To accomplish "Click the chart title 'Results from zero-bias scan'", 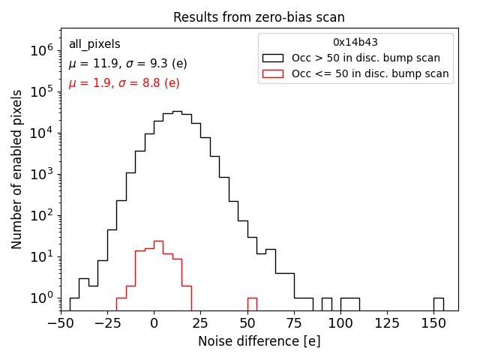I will point(259,17).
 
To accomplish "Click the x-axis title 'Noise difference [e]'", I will point(259,341).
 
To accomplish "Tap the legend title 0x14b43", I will point(355,43).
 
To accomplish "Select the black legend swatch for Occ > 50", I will point(272,58).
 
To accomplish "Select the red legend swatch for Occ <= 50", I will point(272,73).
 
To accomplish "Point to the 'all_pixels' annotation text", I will point(94,44).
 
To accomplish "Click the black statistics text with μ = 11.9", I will point(127,64).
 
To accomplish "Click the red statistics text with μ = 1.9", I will point(124,83).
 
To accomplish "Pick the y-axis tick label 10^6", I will point(38,50).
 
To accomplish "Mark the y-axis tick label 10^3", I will point(38,174).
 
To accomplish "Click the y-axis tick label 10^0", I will point(38,298).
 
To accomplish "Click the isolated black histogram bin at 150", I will point(438,304).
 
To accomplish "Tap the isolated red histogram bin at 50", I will point(252,304).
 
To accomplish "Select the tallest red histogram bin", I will point(158,274).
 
